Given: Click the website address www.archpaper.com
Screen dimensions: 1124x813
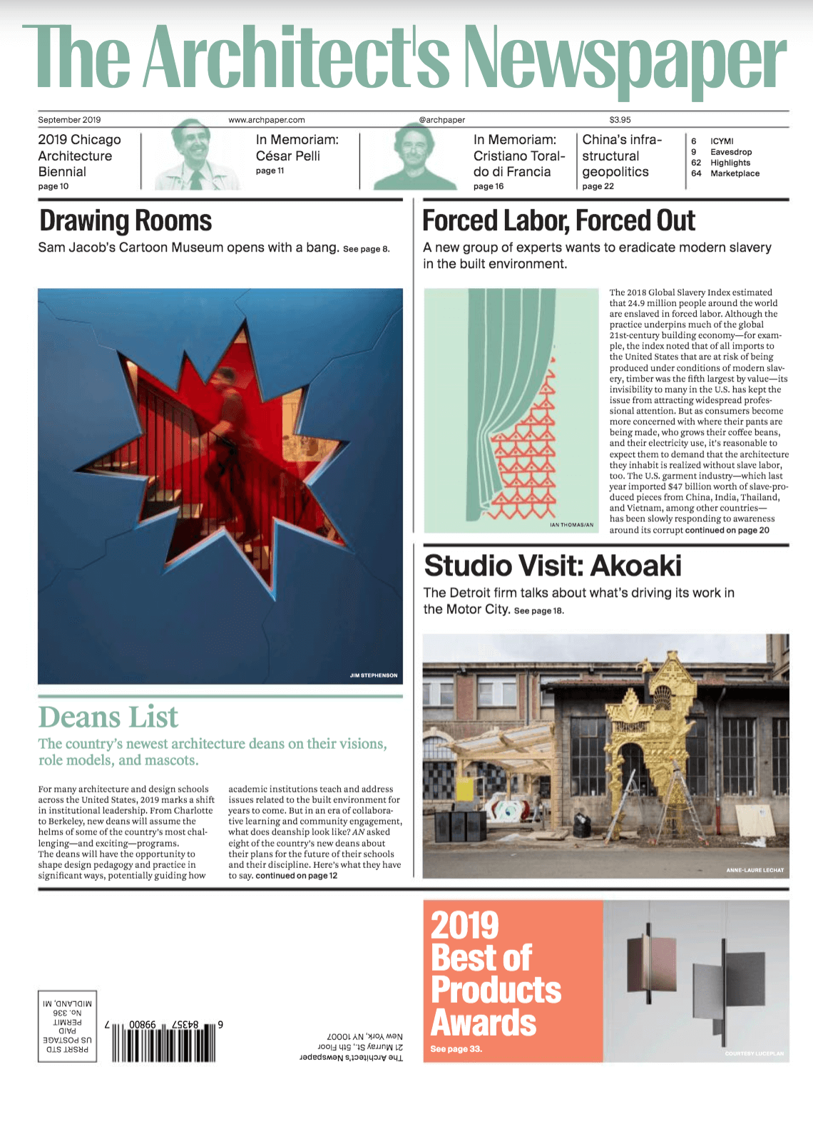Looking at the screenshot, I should [266, 120].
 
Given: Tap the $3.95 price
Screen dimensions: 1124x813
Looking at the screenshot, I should [620, 120].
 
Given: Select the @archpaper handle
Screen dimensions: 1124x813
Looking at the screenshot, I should [442, 120].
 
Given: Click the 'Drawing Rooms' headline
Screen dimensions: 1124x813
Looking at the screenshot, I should [126, 221].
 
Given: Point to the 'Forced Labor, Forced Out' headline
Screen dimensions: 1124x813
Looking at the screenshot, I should [558, 221].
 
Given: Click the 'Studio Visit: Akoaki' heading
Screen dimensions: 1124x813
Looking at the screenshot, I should [553, 566].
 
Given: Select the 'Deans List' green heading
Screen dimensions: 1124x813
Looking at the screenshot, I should [108, 717].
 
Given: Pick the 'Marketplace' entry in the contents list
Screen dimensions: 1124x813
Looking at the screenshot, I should [735, 173].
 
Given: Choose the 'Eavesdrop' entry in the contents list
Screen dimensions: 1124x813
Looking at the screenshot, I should [731, 152].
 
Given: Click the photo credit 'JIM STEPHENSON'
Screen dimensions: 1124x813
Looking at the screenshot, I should [374, 675].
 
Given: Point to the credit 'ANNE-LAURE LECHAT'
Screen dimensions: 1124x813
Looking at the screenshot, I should [755, 870].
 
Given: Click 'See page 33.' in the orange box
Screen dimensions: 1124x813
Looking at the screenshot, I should [456, 1049].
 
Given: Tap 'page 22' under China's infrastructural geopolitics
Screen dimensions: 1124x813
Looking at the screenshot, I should [598, 186].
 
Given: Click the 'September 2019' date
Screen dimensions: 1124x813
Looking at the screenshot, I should [69, 120].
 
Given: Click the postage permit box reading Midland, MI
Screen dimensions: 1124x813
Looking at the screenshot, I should [67, 1026].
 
